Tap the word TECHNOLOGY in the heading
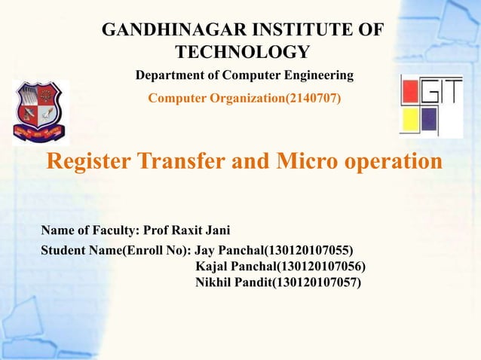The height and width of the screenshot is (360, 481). [x=241, y=52]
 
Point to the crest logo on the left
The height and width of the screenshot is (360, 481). [x=40, y=111]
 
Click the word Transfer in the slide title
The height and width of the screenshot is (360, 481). [x=179, y=162]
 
